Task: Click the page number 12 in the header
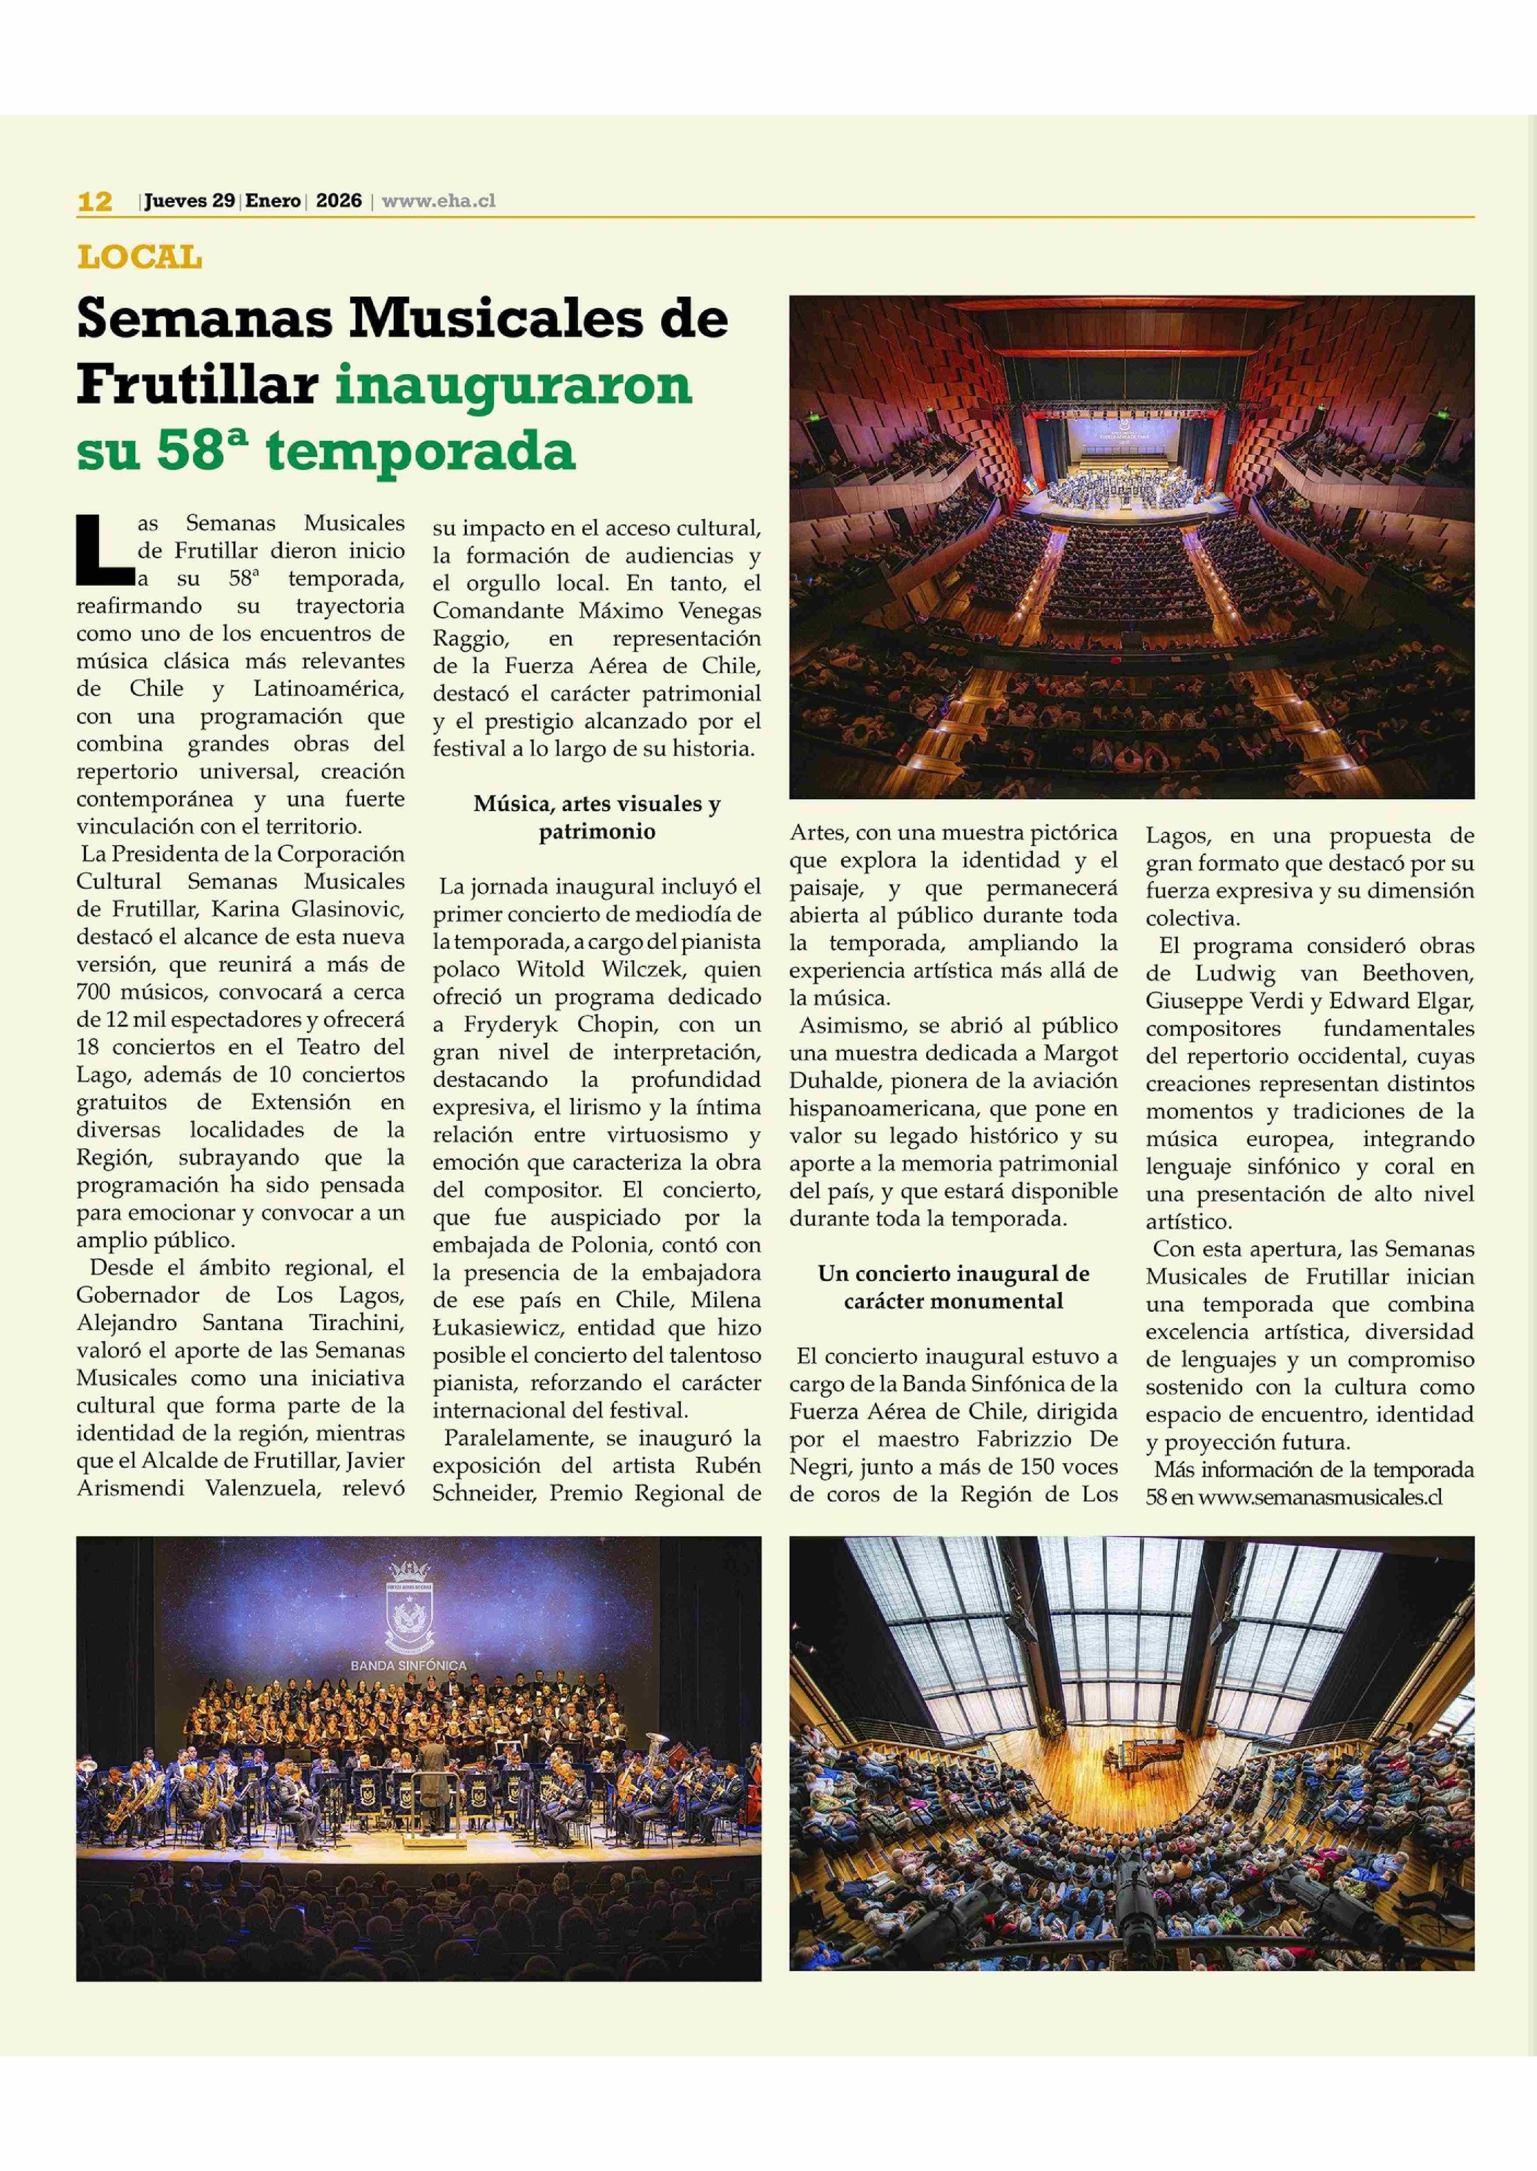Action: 95,201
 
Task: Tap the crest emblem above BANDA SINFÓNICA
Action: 409,1608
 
